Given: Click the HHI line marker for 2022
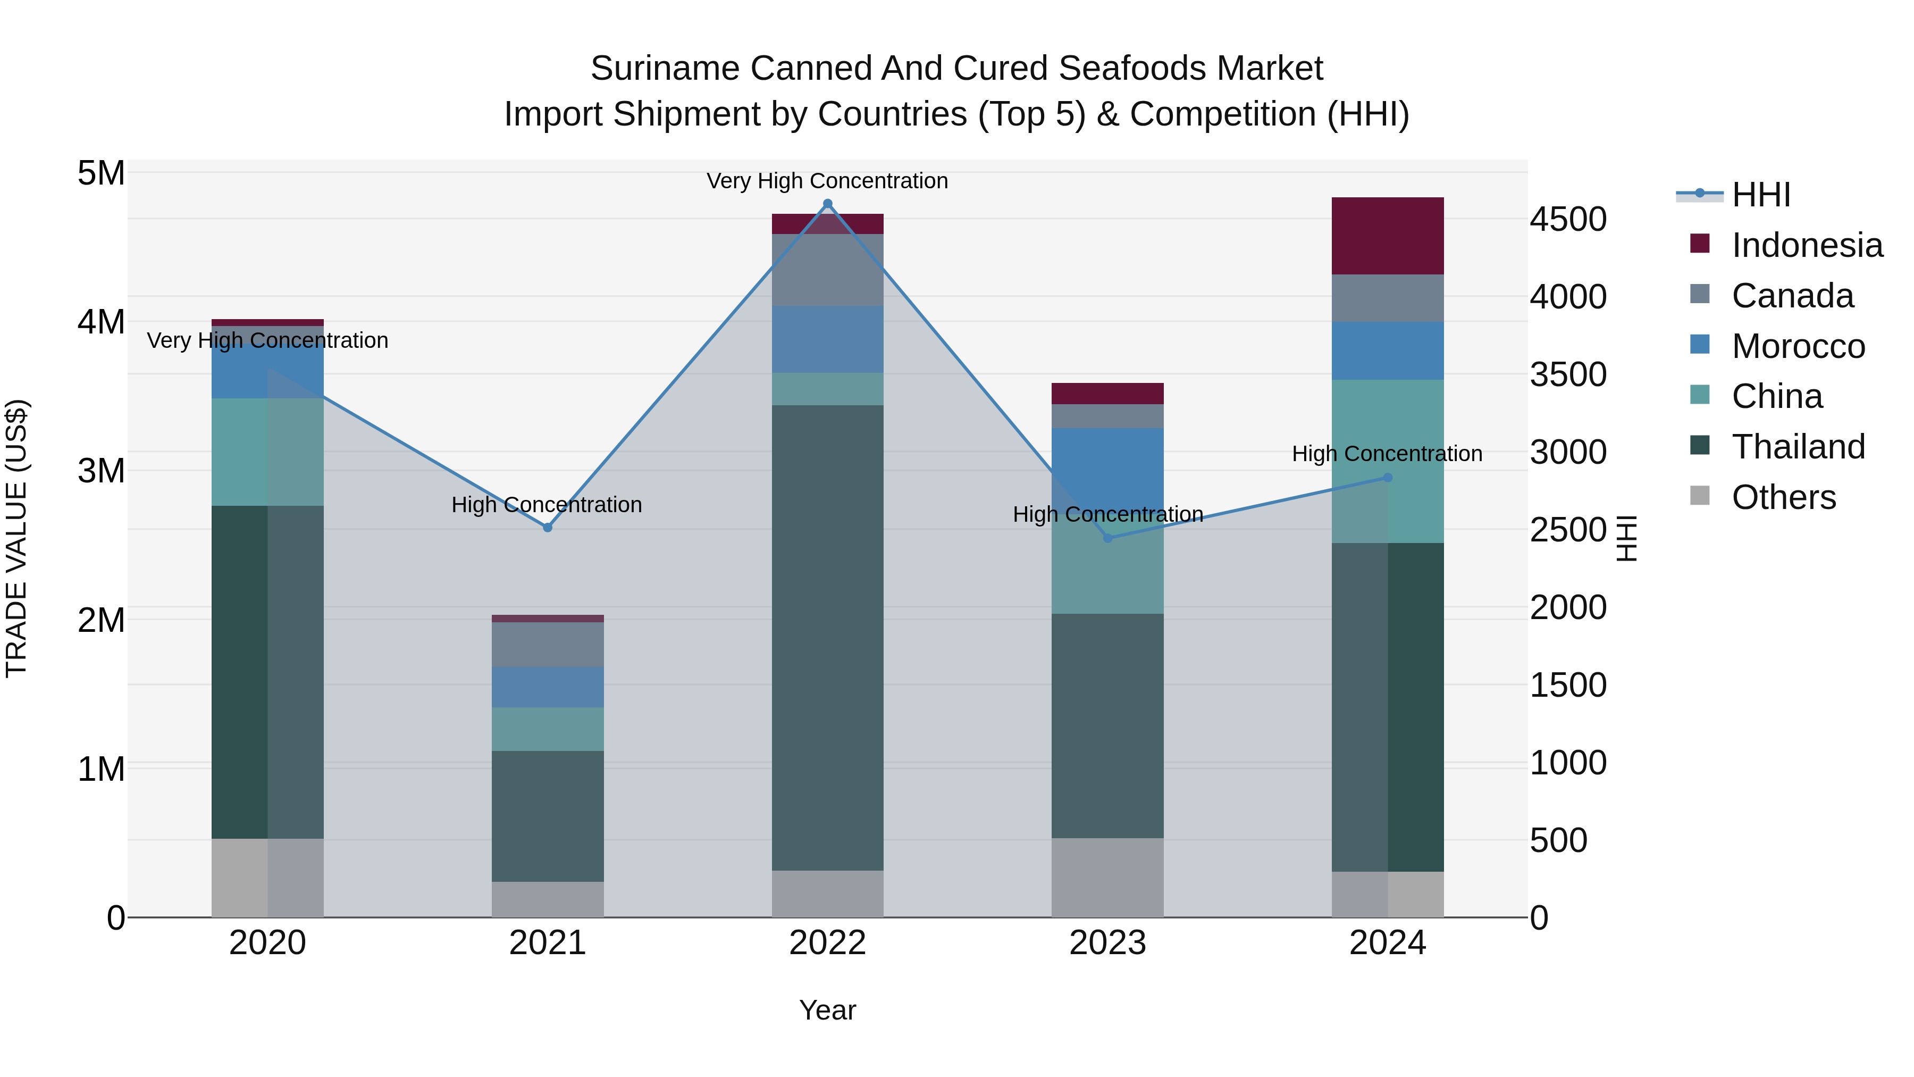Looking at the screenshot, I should (x=828, y=204).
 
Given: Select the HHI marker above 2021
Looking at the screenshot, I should (x=548, y=528).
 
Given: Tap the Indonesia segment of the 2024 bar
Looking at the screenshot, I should (x=1387, y=236).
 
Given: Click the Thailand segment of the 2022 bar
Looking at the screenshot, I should (x=828, y=638).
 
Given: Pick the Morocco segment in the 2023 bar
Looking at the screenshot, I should (x=1107, y=464).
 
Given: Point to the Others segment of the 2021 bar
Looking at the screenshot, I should (x=548, y=899).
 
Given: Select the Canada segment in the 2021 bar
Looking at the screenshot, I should (x=548, y=645).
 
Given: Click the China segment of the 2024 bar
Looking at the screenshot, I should (x=1387, y=461).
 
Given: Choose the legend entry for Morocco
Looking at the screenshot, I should (x=1798, y=346).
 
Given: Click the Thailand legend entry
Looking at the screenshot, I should (x=1798, y=447).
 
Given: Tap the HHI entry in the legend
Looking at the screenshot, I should (x=1761, y=195).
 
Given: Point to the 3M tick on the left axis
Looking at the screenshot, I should (x=101, y=471).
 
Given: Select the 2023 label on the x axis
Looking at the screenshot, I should (x=1107, y=943).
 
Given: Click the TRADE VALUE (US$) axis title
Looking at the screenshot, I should (x=16, y=538).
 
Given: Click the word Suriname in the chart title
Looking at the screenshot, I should (x=665, y=69).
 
